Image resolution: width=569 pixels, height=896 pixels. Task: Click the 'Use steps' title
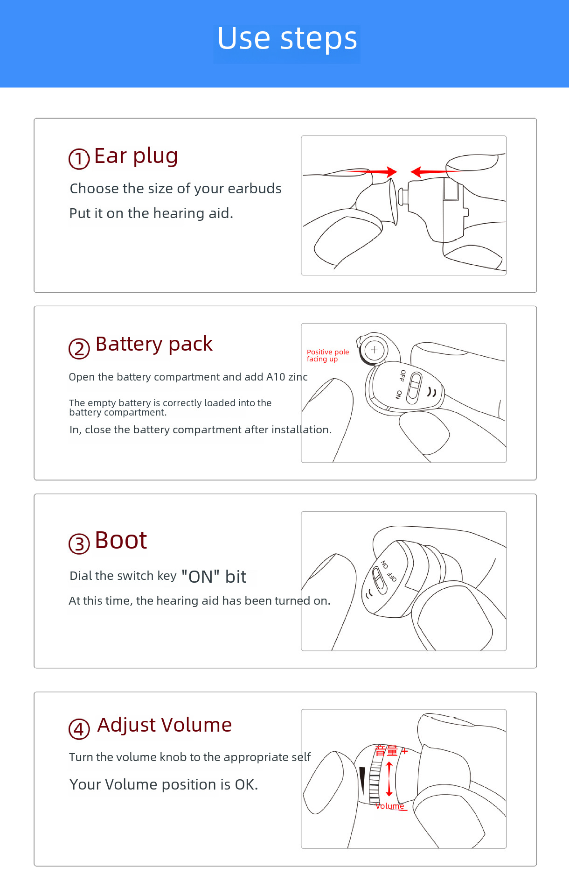point(287,39)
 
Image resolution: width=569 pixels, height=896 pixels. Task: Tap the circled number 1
point(79,159)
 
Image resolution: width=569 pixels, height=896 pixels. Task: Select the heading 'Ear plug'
point(136,156)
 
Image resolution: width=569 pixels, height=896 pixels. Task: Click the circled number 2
point(79,349)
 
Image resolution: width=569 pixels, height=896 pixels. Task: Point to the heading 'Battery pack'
point(154,345)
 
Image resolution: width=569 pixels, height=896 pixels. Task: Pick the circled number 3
point(79,544)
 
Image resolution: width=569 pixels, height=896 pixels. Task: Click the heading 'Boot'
point(121,540)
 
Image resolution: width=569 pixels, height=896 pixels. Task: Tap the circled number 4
point(79,729)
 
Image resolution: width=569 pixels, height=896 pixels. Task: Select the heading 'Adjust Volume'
point(164,725)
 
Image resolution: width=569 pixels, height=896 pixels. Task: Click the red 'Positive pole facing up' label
point(327,355)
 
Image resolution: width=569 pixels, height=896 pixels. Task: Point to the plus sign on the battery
point(374,349)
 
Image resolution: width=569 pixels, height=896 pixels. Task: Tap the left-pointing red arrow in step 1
point(431,172)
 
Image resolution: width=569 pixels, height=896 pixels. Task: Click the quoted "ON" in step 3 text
point(201,577)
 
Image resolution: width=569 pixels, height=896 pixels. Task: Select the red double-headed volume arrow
point(389,779)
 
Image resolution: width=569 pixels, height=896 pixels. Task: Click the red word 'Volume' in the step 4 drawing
point(390,806)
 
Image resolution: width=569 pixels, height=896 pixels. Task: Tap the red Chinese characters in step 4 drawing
point(386,751)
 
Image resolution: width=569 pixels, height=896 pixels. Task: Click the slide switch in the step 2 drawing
point(414,388)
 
